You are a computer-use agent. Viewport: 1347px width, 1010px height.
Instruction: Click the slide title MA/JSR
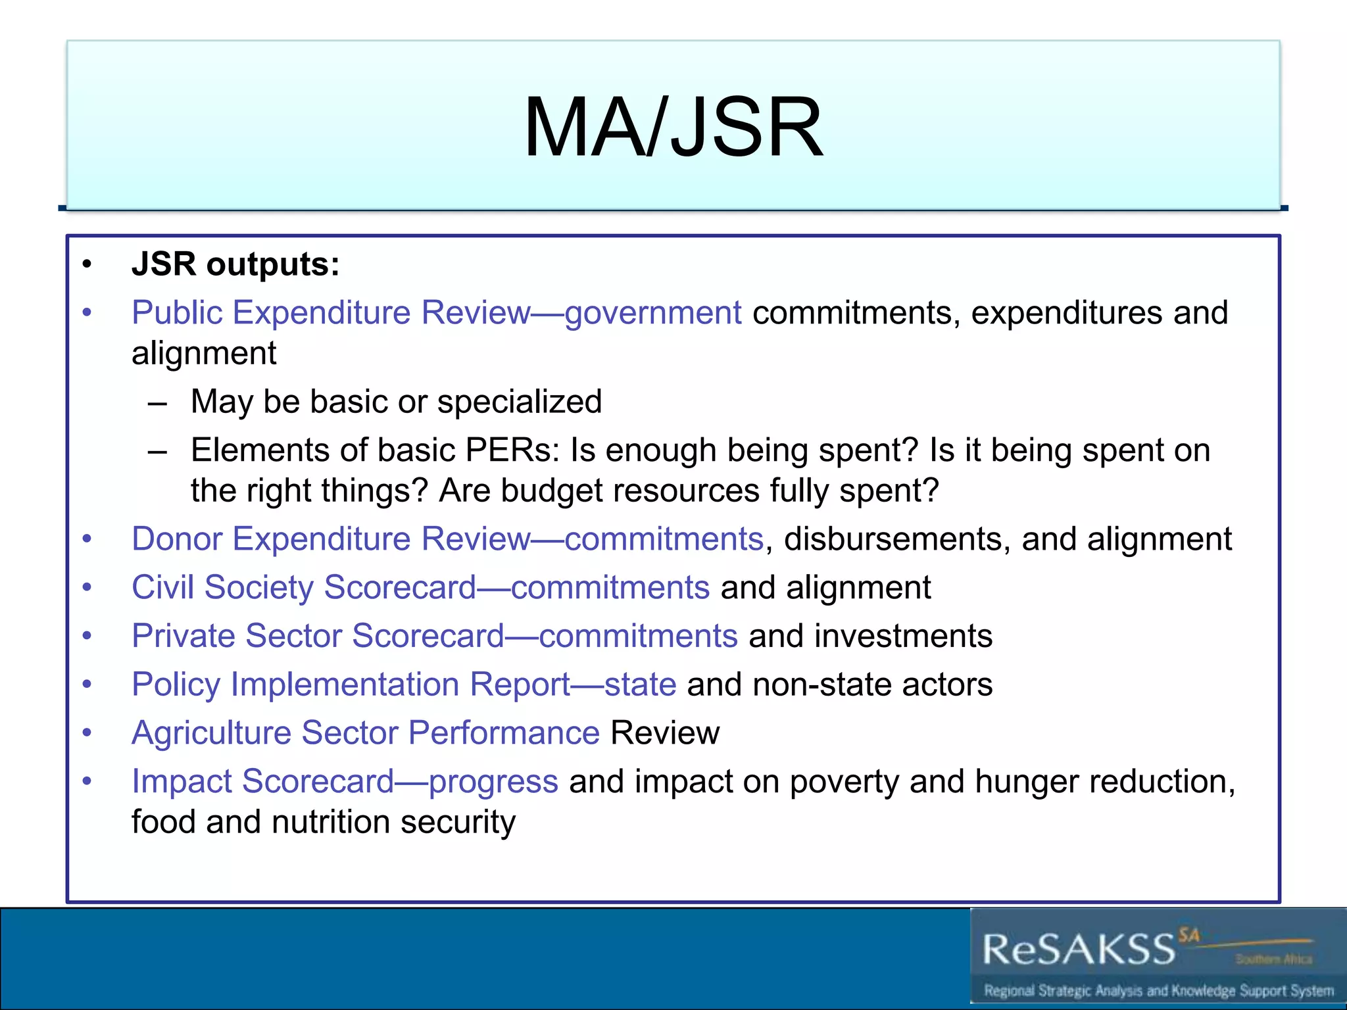[673, 127]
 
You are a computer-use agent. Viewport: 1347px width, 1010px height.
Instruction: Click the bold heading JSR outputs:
[235, 264]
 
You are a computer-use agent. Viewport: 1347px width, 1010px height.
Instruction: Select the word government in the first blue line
[652, 313]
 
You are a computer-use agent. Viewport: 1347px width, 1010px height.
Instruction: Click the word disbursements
[893, 539]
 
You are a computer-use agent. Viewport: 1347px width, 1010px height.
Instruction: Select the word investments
[903, 636]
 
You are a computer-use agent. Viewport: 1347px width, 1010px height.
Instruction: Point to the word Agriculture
[211, 733]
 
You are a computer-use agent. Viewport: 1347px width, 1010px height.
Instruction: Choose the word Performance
[504, 733]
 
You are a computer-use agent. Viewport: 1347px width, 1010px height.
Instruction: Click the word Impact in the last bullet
[182, 782]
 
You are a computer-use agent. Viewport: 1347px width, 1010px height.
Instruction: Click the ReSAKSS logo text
[1079, 950]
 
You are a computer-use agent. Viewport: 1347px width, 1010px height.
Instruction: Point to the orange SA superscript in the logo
[1188, 935]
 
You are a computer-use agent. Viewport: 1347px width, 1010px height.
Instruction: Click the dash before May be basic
[157, 402]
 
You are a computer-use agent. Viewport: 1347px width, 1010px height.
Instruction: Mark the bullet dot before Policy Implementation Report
[87, 685]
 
